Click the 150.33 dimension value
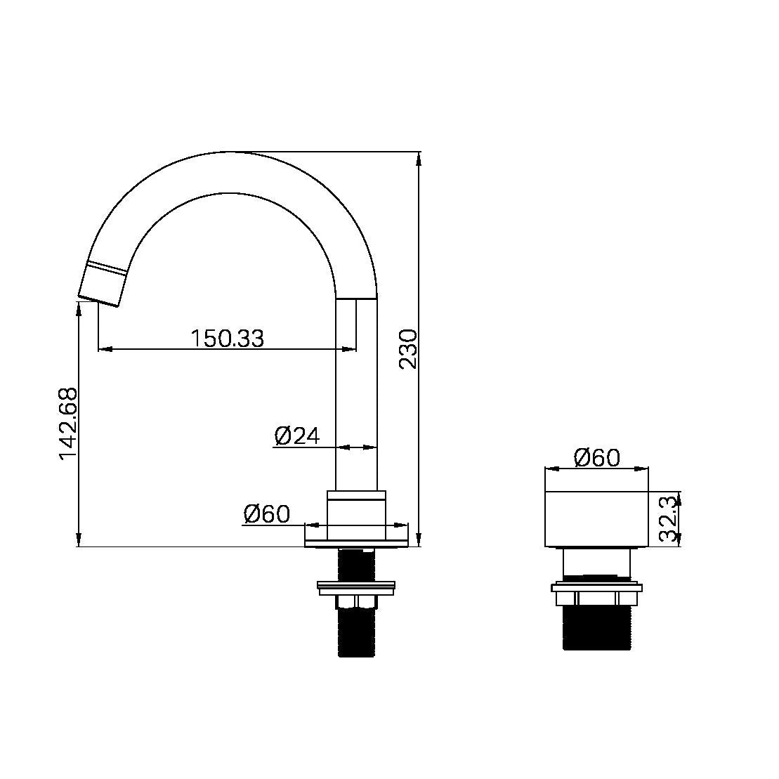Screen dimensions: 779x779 227,339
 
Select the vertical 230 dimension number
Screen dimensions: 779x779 408,348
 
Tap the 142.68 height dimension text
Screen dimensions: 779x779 68,424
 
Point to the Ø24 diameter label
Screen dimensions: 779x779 296,436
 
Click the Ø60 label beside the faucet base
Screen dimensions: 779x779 266,514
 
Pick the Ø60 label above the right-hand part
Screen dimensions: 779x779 596,458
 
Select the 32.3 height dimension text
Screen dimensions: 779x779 669,519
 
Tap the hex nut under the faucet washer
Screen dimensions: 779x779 358,601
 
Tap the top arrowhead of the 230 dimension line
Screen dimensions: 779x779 419,158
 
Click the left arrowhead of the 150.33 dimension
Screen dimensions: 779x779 104,348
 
